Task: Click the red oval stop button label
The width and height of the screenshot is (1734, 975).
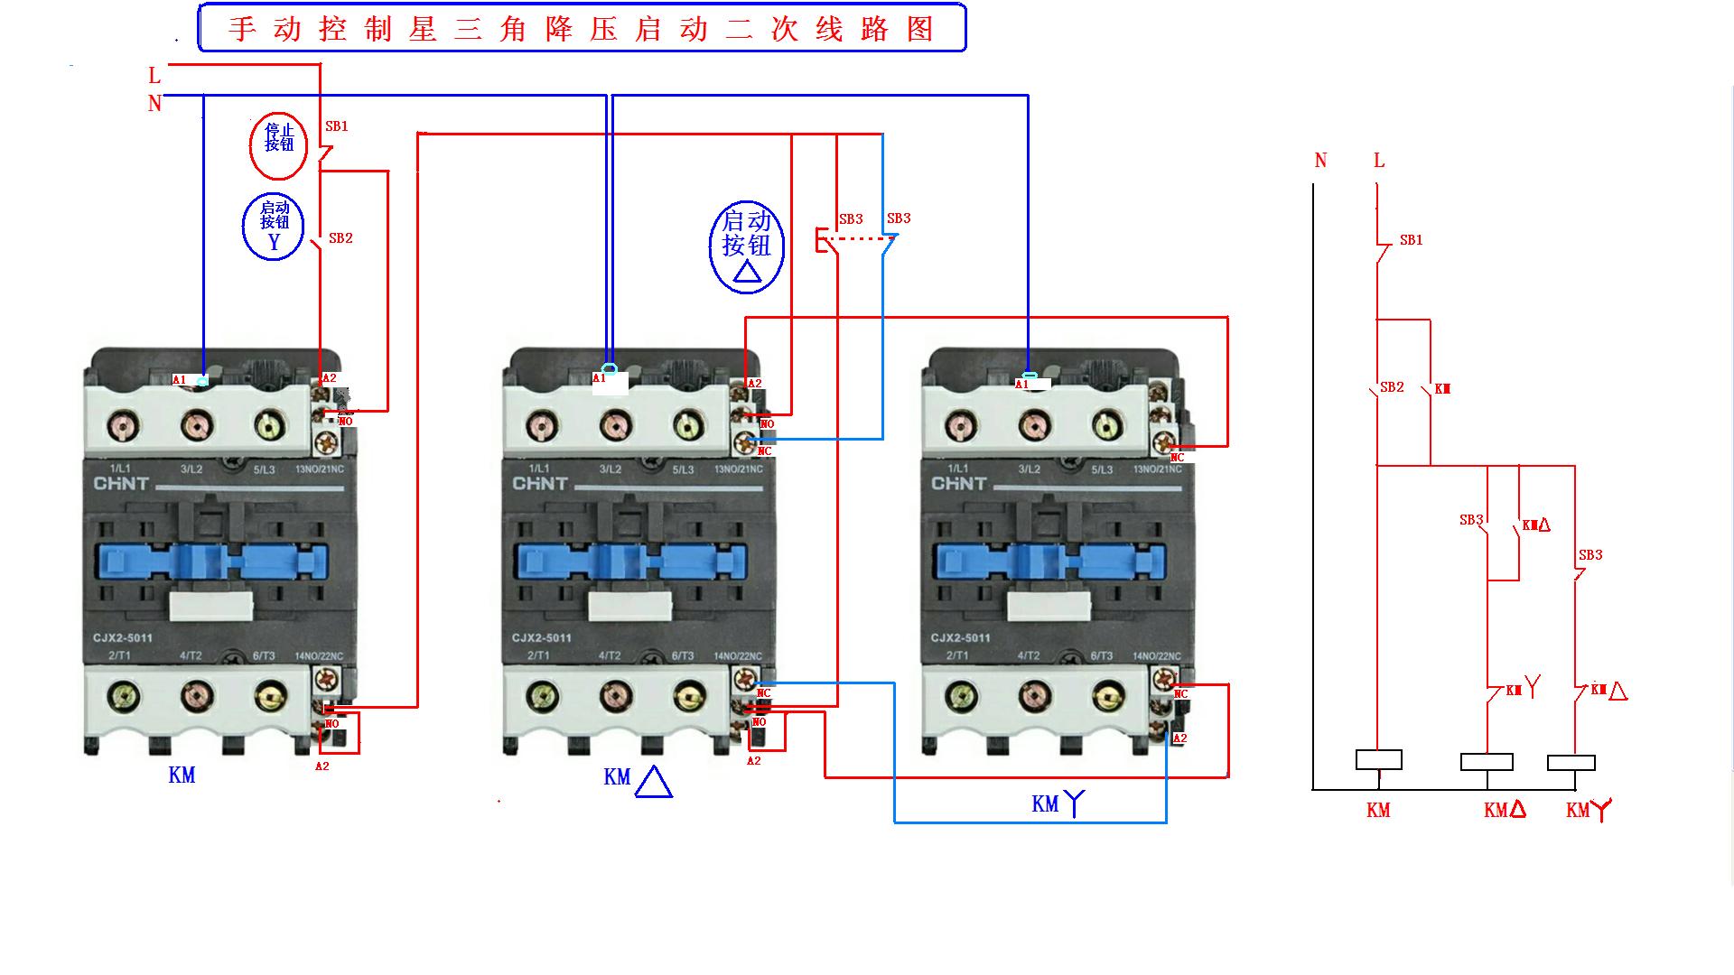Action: [x=278, y=145]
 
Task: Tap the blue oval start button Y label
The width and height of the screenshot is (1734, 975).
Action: [x=274, y=227]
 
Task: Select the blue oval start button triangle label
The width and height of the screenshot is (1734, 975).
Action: [x=747, y=246]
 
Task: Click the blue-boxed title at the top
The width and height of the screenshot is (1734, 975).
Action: [x=582, y=28]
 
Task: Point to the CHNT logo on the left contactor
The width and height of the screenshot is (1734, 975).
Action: [x=122, y=484]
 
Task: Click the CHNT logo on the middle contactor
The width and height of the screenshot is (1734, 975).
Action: [x=540, y=484]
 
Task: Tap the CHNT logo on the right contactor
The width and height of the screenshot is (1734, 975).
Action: [x=959, y=484]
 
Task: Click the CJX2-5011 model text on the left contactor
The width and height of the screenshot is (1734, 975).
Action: [x=123, y=638]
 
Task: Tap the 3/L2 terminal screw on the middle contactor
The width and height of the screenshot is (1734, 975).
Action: [x=615, y=426]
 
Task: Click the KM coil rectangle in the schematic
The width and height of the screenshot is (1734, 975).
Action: [x=1378, y=760]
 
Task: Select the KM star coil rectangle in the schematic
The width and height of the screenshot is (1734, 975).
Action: [x=1571, y=763]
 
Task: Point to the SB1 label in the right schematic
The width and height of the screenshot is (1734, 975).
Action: [x=1411, y=240]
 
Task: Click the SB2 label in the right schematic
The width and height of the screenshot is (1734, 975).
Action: [x=1392, y=387]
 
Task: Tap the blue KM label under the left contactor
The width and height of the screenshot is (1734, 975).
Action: [x=182, y=775]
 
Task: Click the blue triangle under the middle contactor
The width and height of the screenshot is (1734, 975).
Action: [x=653, y=782]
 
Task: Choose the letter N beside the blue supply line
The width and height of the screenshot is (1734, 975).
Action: [x=154, y=104]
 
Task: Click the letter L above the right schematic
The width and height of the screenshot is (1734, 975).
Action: [x=1378, y=161]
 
